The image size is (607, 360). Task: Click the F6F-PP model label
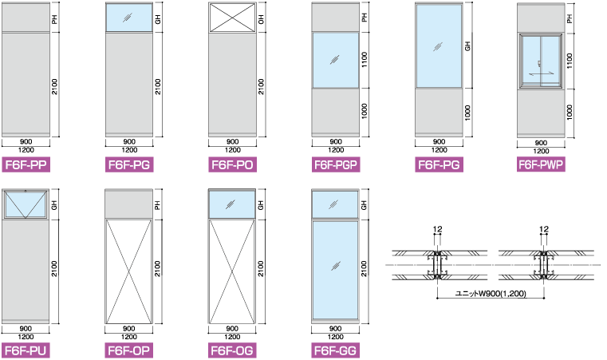pyautogui.click(x=26, y=166)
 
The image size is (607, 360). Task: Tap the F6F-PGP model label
pyautogui.click(x=336, y=166)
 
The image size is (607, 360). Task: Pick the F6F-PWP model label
pyautogui.click(x=541, y=165)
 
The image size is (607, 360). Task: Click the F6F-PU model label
pyautogui.click(x=26, y=350)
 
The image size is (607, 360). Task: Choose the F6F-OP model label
pyautogui.click(x=128, y=350)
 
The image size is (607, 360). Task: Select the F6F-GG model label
pyautogui.click(x=336, y=350)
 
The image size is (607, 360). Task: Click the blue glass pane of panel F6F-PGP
pyautogui.click(x=336, y=60)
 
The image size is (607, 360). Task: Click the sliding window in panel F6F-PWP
pyautogui.click(x=541, y=61)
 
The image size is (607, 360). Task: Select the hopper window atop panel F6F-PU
pyautogui.click(x=26, y=204)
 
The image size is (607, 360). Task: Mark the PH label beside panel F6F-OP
pyautogui.click(x=158, y=205)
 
